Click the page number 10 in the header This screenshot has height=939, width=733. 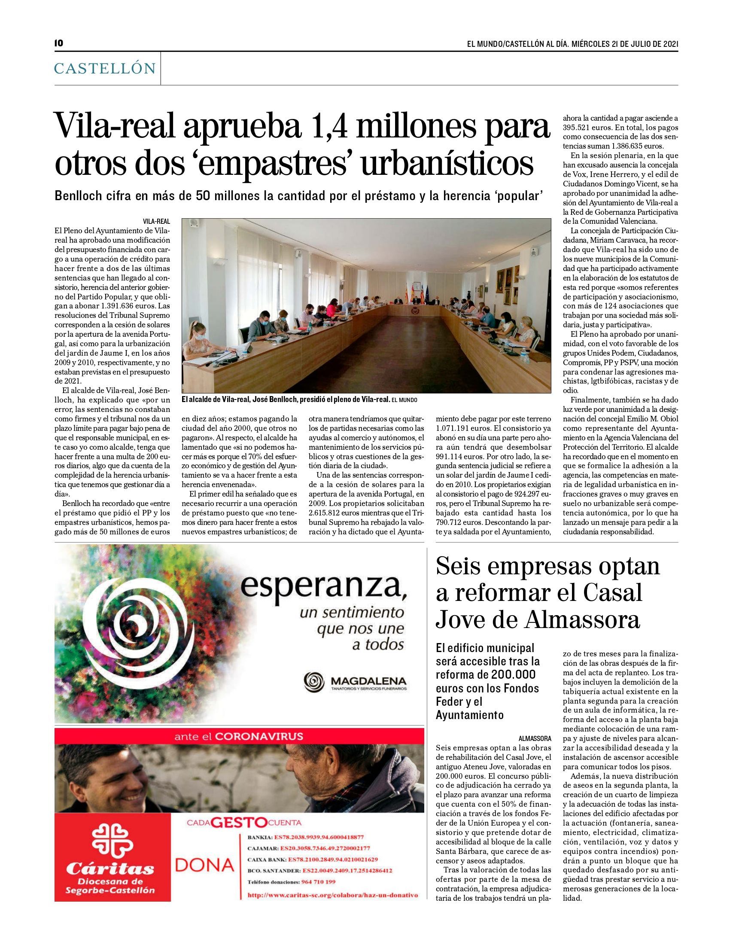coord(59,43)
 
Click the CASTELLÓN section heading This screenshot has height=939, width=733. coord(105,68)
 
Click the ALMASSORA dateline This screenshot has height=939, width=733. coord(535,739)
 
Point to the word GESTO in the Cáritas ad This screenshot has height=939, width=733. coord(239,823)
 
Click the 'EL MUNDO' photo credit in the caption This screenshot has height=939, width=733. coord(405,400)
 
